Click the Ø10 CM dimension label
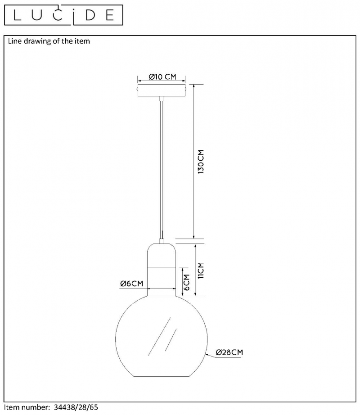(162, 77)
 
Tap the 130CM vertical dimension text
(201, 162)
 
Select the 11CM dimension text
(201, 270)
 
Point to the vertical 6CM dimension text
(187, 282)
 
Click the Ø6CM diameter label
(131, 284)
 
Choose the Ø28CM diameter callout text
(229, 352)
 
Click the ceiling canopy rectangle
(162, 90)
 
